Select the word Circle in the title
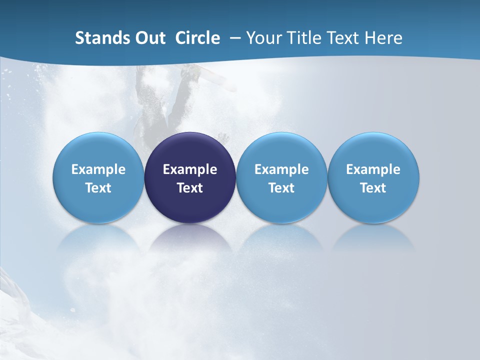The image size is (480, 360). click(197, 38)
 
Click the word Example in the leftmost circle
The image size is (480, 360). click(98, 169)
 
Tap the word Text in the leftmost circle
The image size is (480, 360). click(98, 188)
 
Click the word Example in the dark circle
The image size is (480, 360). click(190, 169)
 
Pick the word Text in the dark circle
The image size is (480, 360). click(190, 188)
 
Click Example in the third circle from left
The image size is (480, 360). click(281, 169)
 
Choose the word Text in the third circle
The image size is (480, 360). click(281, 188)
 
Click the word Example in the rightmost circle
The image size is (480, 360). click(373, 169)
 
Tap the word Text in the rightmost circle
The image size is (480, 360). click(373, 188)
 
